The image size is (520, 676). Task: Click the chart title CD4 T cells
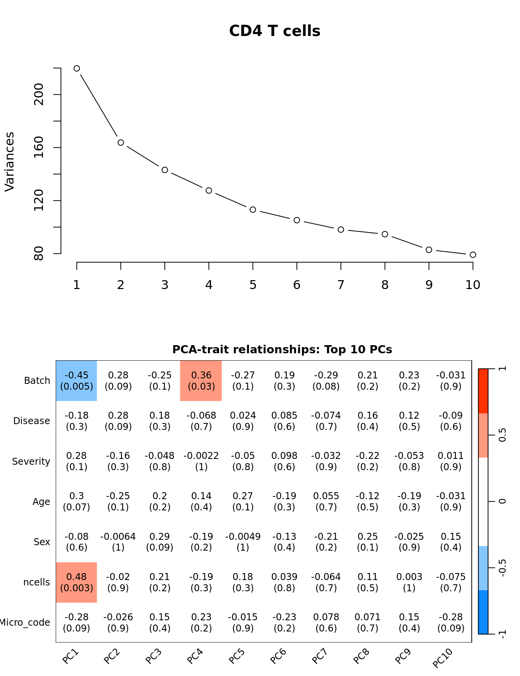click(x=274, y=31)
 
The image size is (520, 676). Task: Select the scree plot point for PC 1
click(x=77, y=68)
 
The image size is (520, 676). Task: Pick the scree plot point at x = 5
click(x=253, y=210)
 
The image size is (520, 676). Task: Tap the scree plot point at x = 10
click(x=473, y=255)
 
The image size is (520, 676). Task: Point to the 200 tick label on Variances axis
click(x=39, y=94)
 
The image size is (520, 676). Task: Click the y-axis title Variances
click(x=10, y=161)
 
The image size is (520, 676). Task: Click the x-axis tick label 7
click(x=340, y=285)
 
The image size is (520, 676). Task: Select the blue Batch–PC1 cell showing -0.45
click(x=77, y=381)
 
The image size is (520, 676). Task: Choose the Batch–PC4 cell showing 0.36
click(x=201, y=381)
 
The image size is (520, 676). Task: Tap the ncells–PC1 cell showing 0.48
click(x=77, y=582)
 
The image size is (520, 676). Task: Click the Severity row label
click(x=31, y=462)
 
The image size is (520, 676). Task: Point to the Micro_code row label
click(x=25, y=623)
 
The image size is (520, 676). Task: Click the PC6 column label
click(x=278, y=656)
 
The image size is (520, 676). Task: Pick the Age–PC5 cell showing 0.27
click(x=243, y=501)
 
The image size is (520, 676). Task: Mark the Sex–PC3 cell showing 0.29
click(x=159, y=542)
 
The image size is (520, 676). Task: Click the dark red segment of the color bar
click(x=483, y=391)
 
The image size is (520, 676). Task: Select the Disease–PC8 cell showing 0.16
click(x=368, y=421)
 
